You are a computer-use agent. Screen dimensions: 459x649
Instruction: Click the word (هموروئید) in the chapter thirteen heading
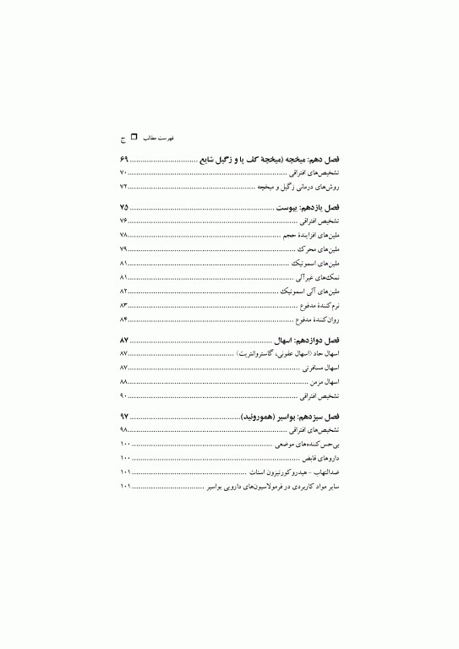(x=262, y=417)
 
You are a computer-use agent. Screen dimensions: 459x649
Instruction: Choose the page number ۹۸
(x=123, y=430)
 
